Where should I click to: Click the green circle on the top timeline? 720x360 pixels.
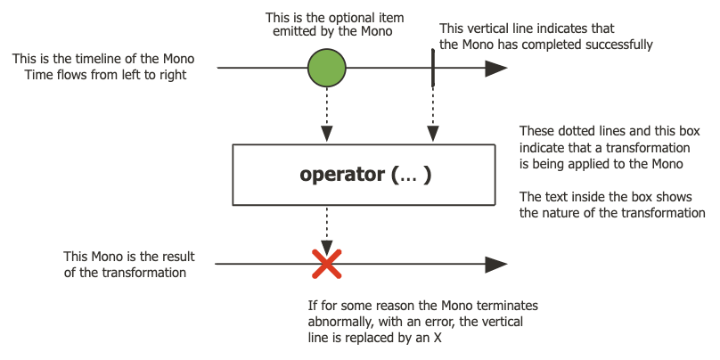coord(327,68)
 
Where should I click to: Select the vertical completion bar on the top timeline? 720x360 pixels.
coord(432,68)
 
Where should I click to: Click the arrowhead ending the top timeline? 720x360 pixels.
coord(496,68)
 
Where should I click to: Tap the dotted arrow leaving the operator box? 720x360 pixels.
coord(327,228)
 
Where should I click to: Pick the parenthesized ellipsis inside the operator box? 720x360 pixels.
coord(412,175)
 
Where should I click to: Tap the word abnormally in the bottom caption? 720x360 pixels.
coord(338,321)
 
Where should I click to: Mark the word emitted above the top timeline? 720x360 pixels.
coord(299,33)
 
